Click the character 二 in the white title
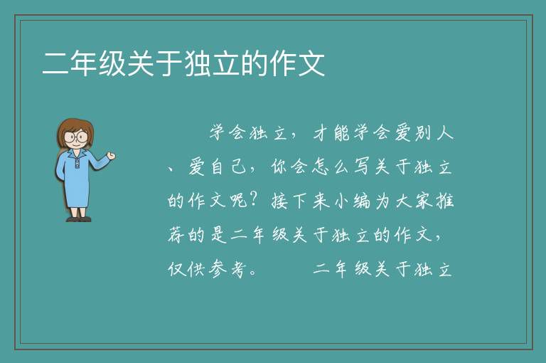coord(55,63)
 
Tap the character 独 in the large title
coord(198,63)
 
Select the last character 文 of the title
coord(311,63)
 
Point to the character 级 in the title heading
coord(112,63)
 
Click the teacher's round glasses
coord(76,137)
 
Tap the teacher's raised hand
coord(112,156)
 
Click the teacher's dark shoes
coord(79,219)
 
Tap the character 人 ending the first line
coord(445,133)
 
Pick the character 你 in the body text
coord(279,167)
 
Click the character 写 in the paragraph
coord(362,167)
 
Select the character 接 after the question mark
coord(279,201)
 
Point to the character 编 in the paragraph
coord(362,201)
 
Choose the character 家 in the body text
coord(424,201)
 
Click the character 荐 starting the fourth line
coord(176,235)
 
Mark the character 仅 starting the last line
coord(176,269)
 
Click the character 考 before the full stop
coord(238,269)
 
